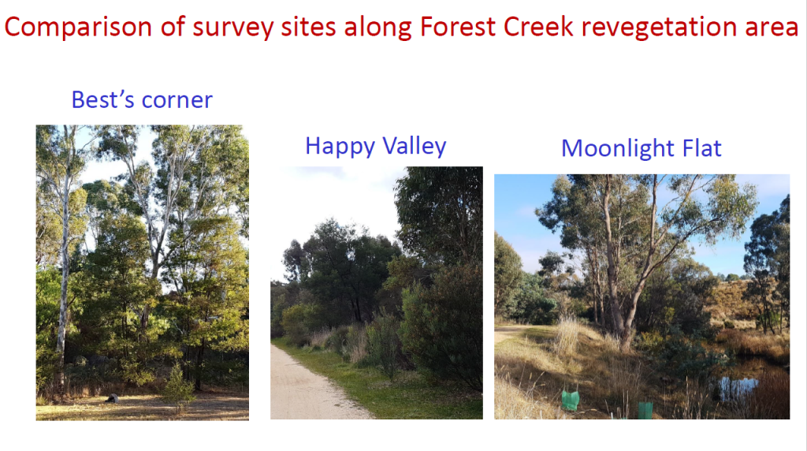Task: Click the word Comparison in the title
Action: click(78, 28)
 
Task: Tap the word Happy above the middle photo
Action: click(340, 147)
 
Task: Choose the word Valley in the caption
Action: click(415, 146)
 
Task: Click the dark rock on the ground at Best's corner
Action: click(112, 398)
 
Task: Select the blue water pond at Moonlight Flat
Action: click(739, 387)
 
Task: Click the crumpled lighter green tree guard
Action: click(570, 400)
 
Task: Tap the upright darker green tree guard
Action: click(645, 410)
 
